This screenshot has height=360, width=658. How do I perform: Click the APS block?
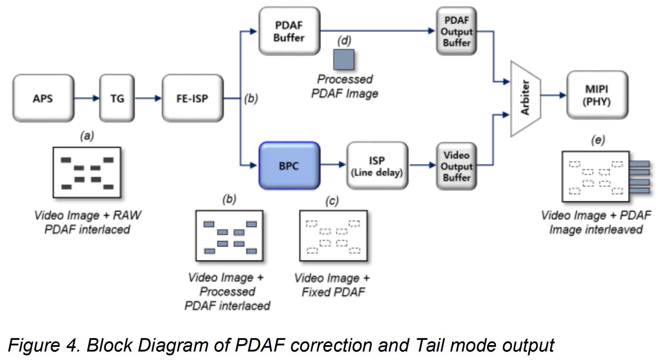tap(43, 98)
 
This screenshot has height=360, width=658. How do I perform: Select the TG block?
tap(117, 98)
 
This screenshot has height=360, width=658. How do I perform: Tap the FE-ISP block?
tap(192, 98)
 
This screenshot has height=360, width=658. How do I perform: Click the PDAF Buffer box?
tap(289, 31)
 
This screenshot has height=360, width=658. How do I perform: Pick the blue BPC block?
tap(289, 166)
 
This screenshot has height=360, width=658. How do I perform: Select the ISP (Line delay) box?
tap(377, 166)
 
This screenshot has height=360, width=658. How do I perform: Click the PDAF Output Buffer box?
tap(456, 31)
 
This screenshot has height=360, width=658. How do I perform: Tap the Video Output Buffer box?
tap(456, 166)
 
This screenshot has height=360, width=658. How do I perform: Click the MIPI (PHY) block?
tap(597, 95)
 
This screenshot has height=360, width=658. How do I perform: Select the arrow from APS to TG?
tap(87, 98)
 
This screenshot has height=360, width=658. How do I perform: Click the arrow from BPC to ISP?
tap(333, 164)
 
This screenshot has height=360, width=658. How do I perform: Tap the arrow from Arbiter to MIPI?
tap(553, 95)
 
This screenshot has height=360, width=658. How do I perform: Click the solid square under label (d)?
tap(344, 60)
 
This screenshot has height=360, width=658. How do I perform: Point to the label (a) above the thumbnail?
tap(87, 136)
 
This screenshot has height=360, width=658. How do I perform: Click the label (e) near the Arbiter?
tap(598, 140)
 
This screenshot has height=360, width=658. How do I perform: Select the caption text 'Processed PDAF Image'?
tap(345, 86)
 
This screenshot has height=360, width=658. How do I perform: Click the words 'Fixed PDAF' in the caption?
tap(333, 292)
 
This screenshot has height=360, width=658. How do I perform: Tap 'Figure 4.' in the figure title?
tap(43, 346)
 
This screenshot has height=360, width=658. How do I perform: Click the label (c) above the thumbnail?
tap(332, 201)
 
